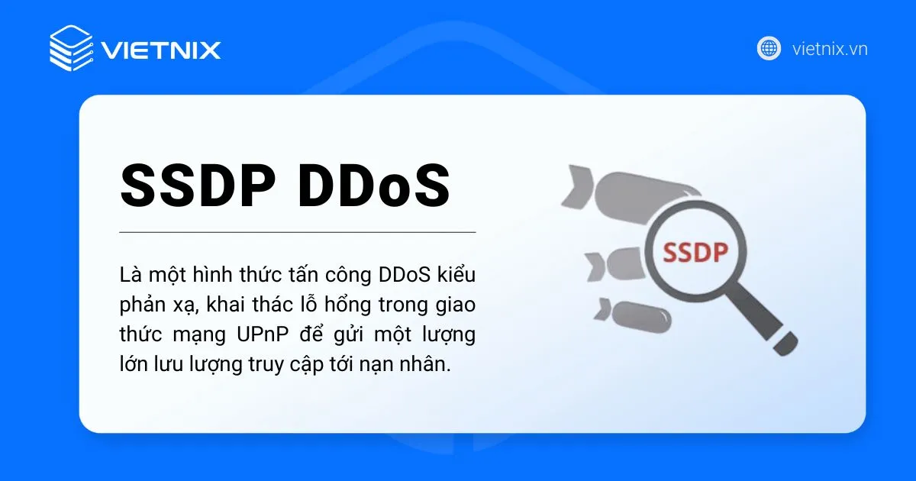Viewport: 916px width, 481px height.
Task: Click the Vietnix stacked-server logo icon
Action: (x=71, y=48)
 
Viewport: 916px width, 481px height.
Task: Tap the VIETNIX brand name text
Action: (x=161, y=50)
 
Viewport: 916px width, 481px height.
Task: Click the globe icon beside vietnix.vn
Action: (x=769, y=49)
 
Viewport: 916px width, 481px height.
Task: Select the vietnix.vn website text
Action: (x=830, y=50)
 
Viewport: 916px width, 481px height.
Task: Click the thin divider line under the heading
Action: (x=298, y=231)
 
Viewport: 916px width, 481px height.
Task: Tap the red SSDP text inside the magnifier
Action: (x=695, y=252)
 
